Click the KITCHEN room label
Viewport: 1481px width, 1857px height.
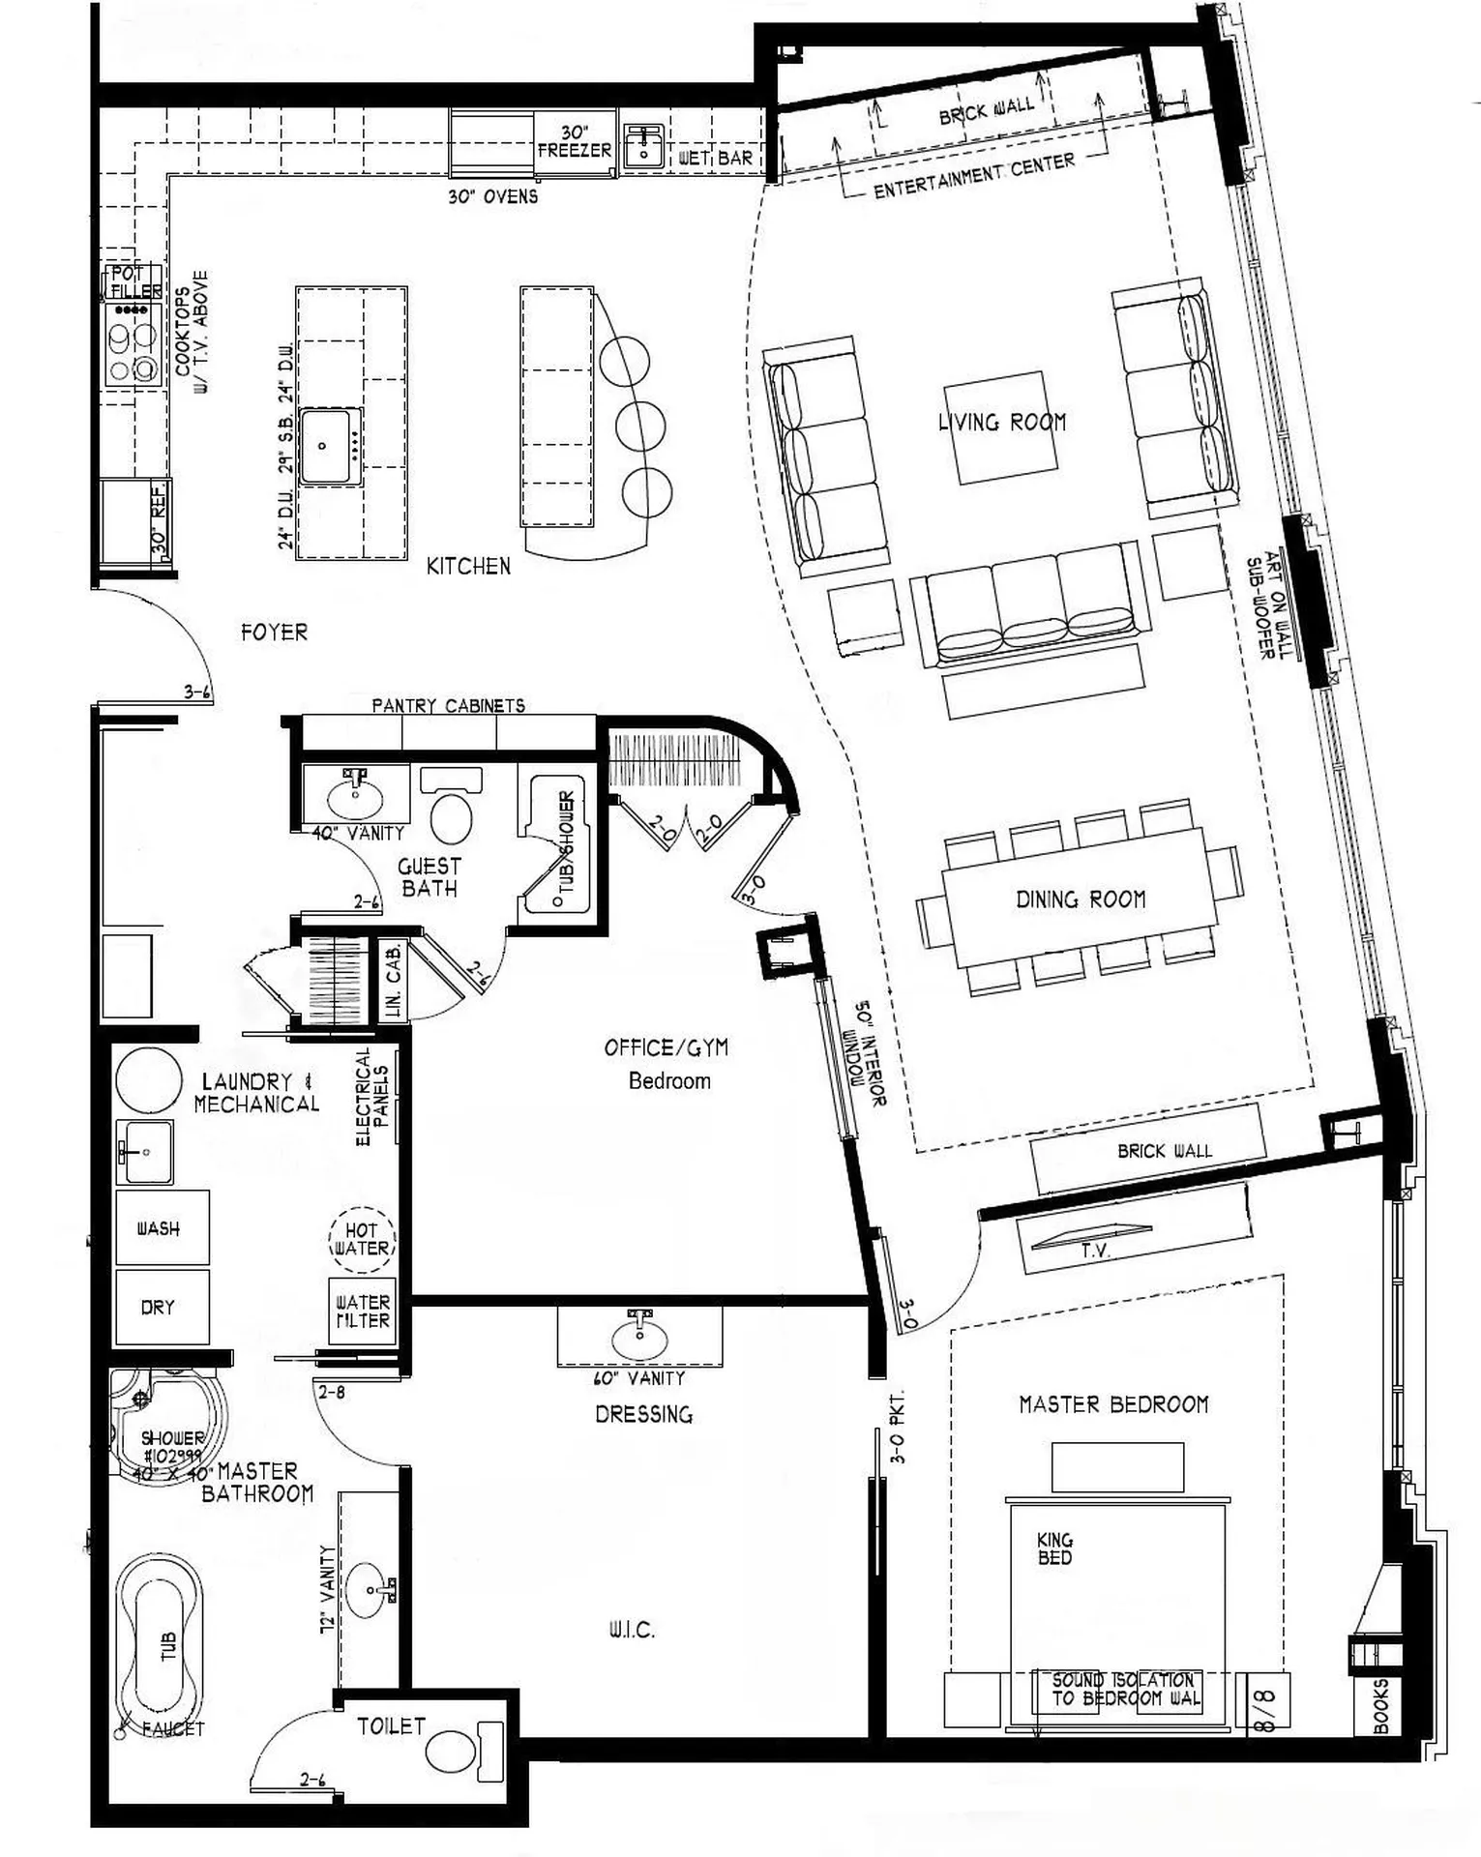tap(468, 566)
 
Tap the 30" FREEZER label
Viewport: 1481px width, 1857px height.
tap(575, 141)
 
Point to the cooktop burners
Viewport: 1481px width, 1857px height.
tap(133, 344)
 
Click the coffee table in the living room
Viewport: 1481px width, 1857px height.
tap(1001, 427)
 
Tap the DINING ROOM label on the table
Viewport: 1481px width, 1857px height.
tap(1080, 899)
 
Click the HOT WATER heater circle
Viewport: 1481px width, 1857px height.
tap(361, 1239)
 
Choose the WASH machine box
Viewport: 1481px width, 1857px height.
tap(161, 1228)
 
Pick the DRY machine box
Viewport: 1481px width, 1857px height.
tap(161, 1307)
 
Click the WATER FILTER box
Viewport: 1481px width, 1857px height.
tap(362, 1312)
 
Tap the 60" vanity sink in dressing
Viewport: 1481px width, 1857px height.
tap(639, 1340)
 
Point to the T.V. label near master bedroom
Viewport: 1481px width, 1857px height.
tap(1094, 1251)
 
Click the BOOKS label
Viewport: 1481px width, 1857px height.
tap(1380, 1706)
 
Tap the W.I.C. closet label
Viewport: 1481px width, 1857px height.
tap(632, 1631)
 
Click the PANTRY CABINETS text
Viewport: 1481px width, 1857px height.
tap(448, 706)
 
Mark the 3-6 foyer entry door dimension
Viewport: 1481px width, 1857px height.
tap(197, 693)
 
